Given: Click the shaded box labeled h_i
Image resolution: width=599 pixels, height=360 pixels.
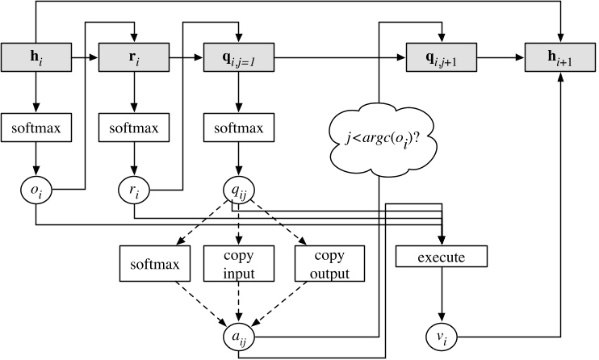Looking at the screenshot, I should [36, 58].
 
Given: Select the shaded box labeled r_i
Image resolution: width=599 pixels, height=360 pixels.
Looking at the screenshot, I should [133, 58].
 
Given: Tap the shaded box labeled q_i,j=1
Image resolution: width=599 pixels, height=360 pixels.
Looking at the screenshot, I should [238, 58].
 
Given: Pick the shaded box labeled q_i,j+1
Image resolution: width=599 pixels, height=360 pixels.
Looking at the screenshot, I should [441, 58].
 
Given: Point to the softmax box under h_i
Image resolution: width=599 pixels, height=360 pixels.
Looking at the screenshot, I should [36, 128].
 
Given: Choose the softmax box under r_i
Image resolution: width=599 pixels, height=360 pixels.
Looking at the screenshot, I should [133, 128].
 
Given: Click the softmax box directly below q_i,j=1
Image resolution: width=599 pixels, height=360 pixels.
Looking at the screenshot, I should [238, 128].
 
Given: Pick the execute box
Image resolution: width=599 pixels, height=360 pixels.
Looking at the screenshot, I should [442, 257].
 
